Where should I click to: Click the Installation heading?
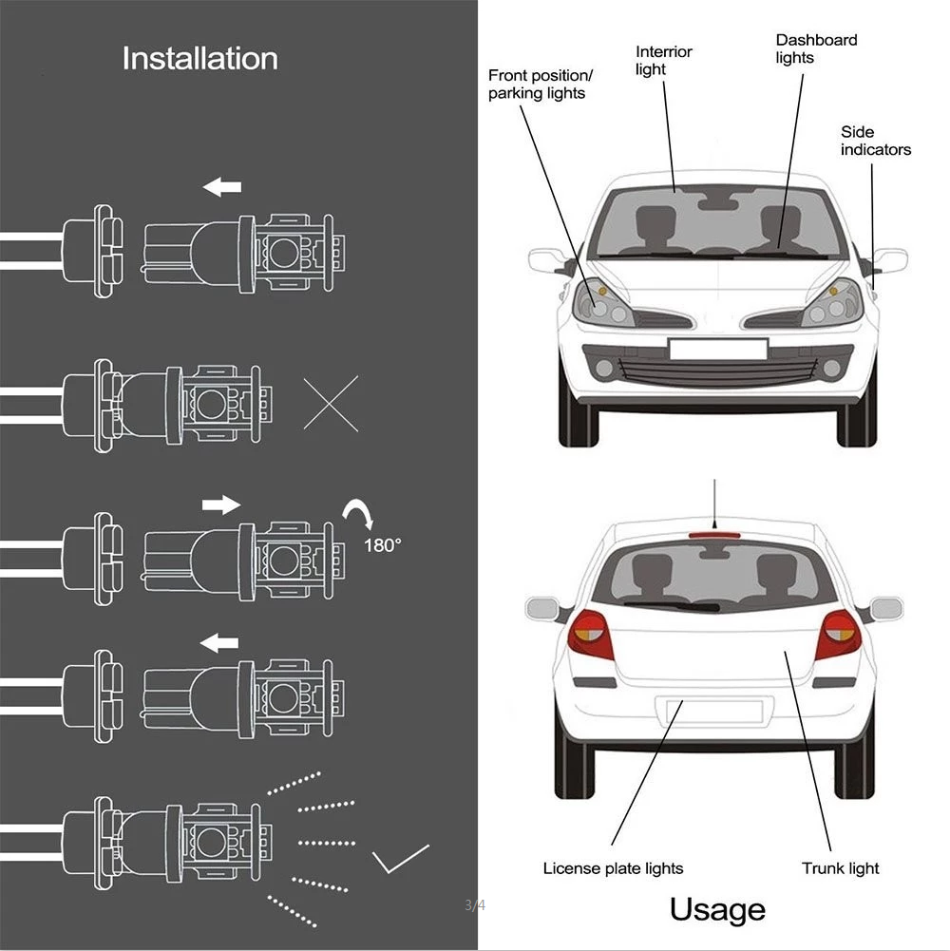click(199, 58)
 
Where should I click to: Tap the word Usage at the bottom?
click(717, 909)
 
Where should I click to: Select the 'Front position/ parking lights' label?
click(540, 84)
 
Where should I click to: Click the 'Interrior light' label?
click(663, 61)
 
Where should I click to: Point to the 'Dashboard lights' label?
click(816, 48)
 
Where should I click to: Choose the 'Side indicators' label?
click(875, 141)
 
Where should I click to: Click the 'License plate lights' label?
click(613, 867)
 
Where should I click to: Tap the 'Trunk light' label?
click(840, 867)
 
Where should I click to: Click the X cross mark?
click(331, 403)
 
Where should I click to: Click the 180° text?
click(383, 545)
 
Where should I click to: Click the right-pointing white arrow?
click(222, 504)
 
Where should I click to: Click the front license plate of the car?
click(717, 349)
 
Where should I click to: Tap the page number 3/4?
click(475, 904)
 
